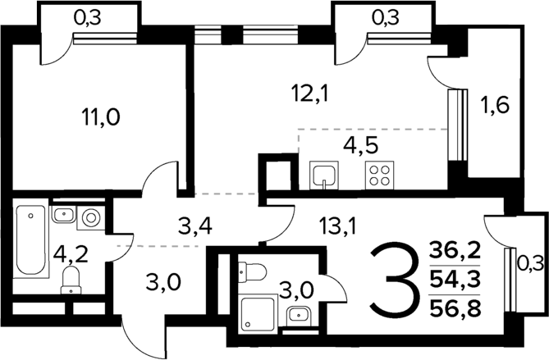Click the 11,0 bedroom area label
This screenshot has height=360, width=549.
click(x=102, y=118)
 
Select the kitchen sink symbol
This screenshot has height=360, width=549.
click(x=325, y=175)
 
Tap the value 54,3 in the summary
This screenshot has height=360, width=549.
click(x=460, y=279)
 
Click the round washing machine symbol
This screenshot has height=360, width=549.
click(x=90, y=217)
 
